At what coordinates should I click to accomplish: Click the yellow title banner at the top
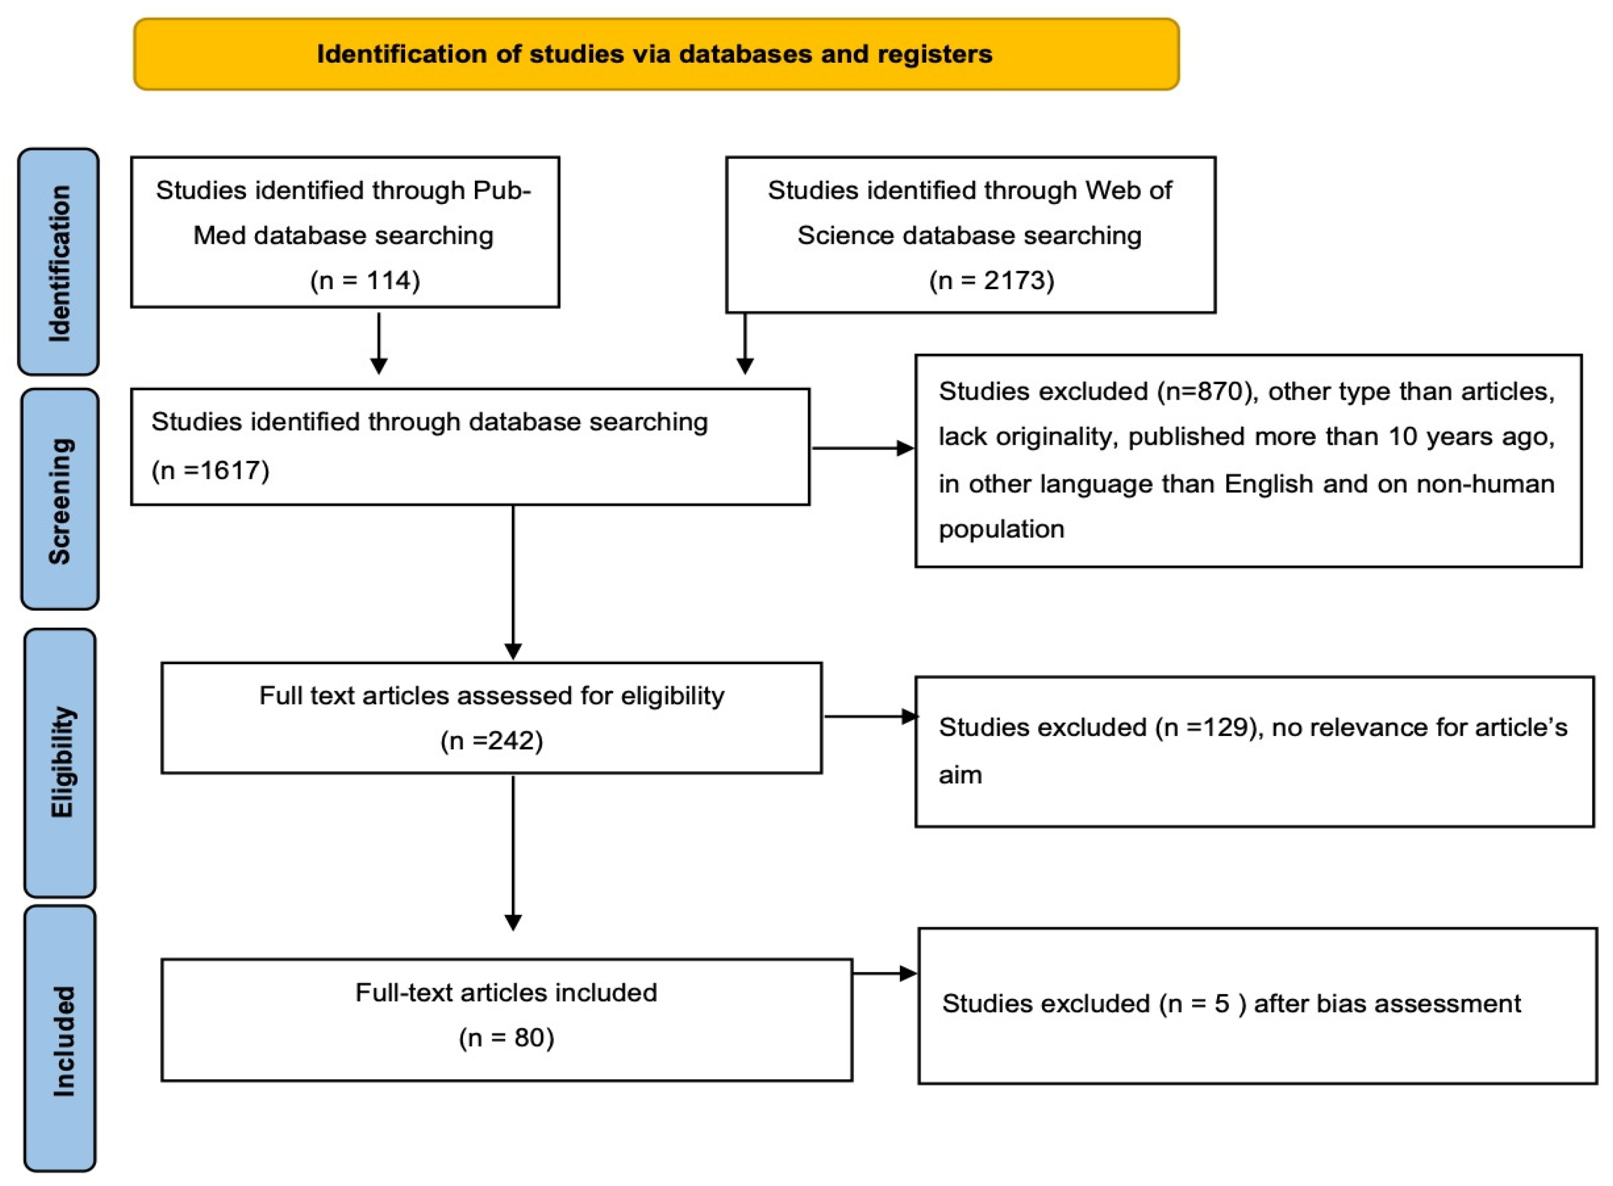(655, 54)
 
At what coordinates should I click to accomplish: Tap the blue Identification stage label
(59, 262)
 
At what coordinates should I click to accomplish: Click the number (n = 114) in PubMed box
(364, 280)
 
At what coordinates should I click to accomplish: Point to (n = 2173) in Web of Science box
(991, 280)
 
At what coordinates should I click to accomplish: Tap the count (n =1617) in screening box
(210, 470)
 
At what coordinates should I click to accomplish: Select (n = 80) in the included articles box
(506, 1038)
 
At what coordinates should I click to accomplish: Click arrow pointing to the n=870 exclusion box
(862, 449)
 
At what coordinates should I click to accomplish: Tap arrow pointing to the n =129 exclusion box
(870, 716)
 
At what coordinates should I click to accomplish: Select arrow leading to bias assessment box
(884, 973)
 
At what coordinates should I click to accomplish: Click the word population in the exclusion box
(1001, 529)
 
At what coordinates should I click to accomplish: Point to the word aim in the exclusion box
(960, 776)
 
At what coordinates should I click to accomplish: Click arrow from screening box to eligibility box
(513, 581)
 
